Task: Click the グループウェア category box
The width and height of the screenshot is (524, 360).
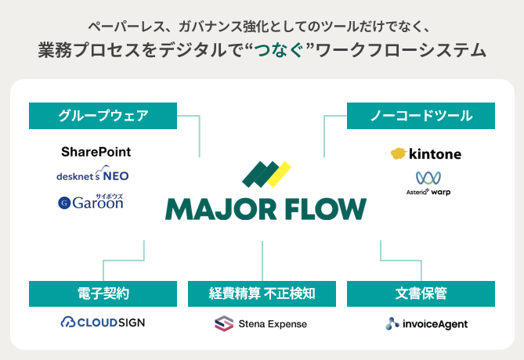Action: pos(103,116)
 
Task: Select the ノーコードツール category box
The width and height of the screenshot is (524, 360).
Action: pos(421,116)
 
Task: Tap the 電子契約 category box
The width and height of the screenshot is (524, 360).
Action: pos(103,293)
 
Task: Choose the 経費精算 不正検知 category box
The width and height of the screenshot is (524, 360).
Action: pos(262,293)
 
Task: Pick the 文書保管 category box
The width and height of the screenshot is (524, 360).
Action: pos(421,293)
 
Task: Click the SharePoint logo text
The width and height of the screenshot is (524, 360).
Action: pos(96,151)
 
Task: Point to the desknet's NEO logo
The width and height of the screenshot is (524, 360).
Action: pos(93,175)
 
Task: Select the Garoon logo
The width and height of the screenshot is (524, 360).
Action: pos(91,202)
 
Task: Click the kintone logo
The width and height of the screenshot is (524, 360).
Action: pos(426,154)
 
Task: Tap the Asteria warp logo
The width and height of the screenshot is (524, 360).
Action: pos(428,183)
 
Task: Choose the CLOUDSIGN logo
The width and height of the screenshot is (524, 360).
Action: pos(103,322)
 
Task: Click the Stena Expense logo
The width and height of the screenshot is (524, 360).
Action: pos(261,323)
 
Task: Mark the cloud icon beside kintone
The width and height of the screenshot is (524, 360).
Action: pos(398,154)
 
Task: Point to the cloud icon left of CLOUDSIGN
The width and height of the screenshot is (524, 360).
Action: pos(68,322)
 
